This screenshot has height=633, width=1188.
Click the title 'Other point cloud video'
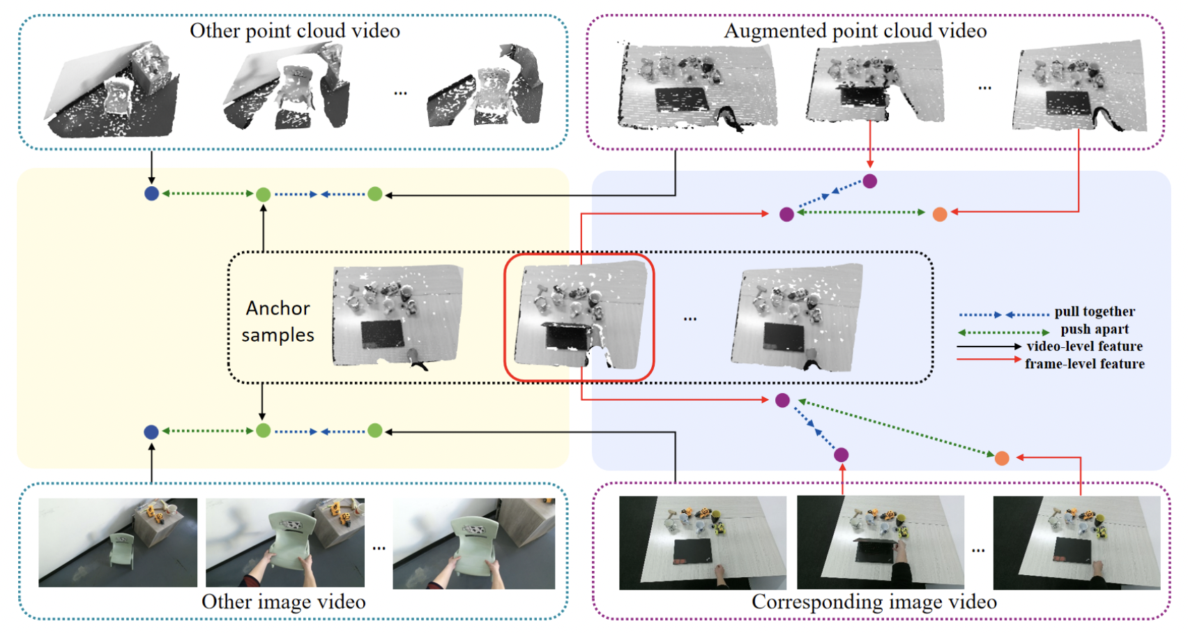294,31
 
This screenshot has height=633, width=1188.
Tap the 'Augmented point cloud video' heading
855,31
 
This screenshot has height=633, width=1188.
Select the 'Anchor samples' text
277,321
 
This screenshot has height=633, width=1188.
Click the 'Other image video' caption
283,602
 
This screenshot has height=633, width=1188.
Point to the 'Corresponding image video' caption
874,602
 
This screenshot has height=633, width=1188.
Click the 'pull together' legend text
1094,312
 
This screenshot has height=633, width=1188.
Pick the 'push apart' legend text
1094,329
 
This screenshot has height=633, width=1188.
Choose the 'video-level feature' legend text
1084,346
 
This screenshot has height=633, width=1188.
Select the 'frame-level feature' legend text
1084,364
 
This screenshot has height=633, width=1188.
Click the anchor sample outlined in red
579,317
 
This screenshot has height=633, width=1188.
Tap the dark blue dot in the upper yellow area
151,194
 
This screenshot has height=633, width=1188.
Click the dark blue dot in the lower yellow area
151,432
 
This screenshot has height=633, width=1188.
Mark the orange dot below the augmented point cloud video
939,214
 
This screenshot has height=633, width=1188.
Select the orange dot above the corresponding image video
1002,458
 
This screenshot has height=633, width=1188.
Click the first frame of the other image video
118,542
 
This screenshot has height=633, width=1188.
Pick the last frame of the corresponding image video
1076,542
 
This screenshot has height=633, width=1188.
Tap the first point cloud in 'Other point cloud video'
112,91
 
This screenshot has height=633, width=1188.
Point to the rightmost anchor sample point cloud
796,317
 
